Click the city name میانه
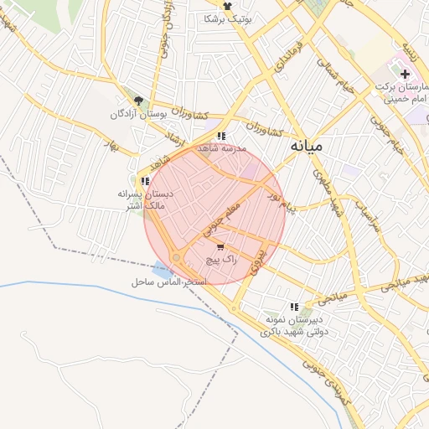pyautogui.click(x=306, y=146)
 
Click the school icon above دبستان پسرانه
pyautogui.click(x=146, y=180)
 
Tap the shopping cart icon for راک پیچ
pyautogui.click(x=220, y=247)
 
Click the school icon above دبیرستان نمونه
pyautogui.click(x=293, y=308)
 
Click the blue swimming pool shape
pyautogui.click(x=163, y=270)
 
